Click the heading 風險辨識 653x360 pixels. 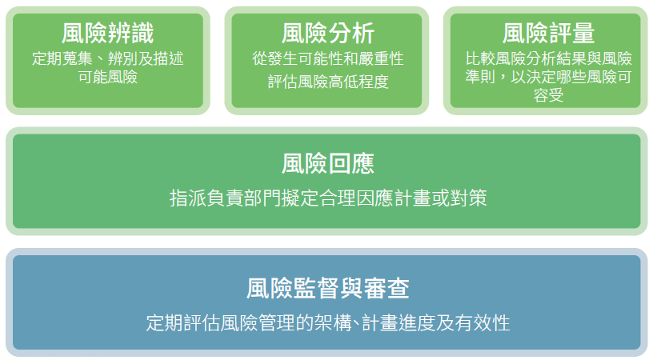coord(108,34)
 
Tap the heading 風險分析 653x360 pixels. coord(328,34)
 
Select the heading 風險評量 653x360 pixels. coord(548,34)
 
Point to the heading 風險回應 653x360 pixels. coord(328,163)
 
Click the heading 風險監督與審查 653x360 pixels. coord(328,289)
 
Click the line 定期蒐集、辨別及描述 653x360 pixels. coord(108,58)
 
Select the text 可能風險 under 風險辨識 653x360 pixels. coord(108,77)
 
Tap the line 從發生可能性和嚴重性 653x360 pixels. coord(328,58)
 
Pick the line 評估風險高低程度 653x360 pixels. coord(328,82)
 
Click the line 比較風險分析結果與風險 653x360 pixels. coord(548,58)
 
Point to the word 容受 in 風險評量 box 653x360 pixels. coord(548,96)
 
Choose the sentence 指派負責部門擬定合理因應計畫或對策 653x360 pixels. coord(328,198)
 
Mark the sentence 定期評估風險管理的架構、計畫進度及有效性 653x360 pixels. coord(328,323)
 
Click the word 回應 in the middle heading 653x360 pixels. coord(351,163)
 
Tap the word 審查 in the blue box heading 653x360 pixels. coord(386,289)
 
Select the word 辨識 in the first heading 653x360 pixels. coord(131,34)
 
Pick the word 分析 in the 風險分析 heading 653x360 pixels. coord(351,34)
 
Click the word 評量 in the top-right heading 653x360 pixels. coord(571,34)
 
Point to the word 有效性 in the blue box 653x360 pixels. coord(483,323)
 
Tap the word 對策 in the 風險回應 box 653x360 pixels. coord(468,198)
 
